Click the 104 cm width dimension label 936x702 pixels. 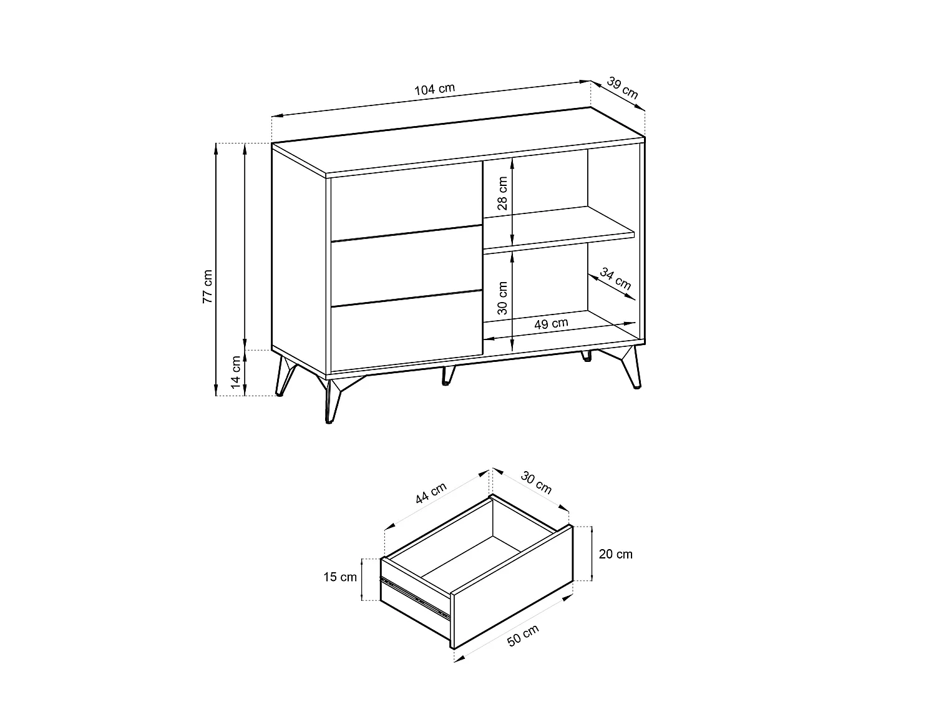coord(434,89)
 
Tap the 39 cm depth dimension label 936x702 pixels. coord(622,88)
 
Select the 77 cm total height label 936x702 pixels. coord(207,286)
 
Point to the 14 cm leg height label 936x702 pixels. coord(236,373)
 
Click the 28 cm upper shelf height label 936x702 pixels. coord(503,193)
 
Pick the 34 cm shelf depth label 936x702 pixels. coord(615,278)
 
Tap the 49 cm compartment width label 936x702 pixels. coord(551,323)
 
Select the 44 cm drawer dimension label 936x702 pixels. coord(431,493)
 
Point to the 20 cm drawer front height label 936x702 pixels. coord(615,554)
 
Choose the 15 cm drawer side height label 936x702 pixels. coord(340,577)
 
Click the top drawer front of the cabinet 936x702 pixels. coord(406,201)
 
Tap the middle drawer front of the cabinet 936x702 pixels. coord(406,266)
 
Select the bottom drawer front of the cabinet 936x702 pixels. coord(406,331)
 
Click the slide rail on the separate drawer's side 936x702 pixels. coord(414,597)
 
